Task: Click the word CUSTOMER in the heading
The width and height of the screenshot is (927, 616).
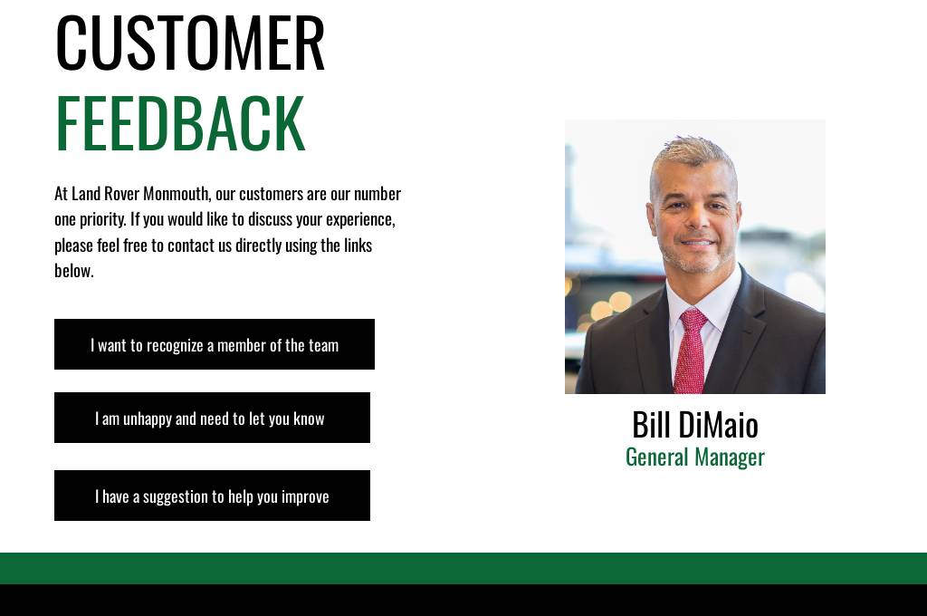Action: (190, 43)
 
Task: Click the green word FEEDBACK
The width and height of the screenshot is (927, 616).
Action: (180, 123)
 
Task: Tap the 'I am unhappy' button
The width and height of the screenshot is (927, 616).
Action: (212, 418)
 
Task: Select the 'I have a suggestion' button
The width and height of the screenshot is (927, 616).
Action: (212, 496)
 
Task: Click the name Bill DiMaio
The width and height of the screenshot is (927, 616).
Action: (695, 424)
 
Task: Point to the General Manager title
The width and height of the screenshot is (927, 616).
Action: (695, 457)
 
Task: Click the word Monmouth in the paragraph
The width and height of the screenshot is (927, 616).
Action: (177, 194)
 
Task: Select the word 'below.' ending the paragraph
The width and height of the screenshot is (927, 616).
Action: (74, 271)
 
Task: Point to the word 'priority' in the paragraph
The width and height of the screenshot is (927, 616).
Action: (102, 219)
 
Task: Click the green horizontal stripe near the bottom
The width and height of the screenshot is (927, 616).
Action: (463, 568)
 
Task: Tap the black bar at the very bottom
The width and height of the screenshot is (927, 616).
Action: (463, 600)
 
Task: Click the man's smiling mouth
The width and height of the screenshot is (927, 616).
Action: (698, 242)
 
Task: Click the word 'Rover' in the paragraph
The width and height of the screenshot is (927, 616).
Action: (122, 194)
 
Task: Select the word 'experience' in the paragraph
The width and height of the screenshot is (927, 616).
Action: (360, 219)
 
